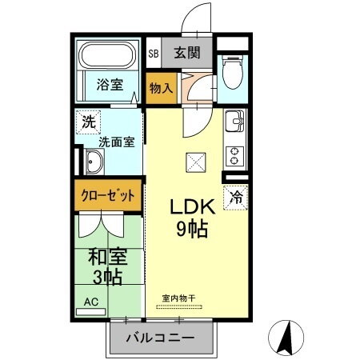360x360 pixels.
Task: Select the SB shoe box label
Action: tap(153, 54)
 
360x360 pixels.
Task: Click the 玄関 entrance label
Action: tap(187, 54)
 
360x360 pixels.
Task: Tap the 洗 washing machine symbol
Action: tap(86, 124)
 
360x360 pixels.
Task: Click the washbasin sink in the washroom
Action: tap(93, 164)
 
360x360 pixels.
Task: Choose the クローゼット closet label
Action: tap(110, 194)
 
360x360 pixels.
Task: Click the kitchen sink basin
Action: tap(234, 125)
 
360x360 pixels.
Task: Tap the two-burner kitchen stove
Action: tap(235, 151)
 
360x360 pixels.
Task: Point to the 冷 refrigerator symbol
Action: tap(237, 194)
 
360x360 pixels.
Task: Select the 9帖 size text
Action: tap(192, 230)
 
